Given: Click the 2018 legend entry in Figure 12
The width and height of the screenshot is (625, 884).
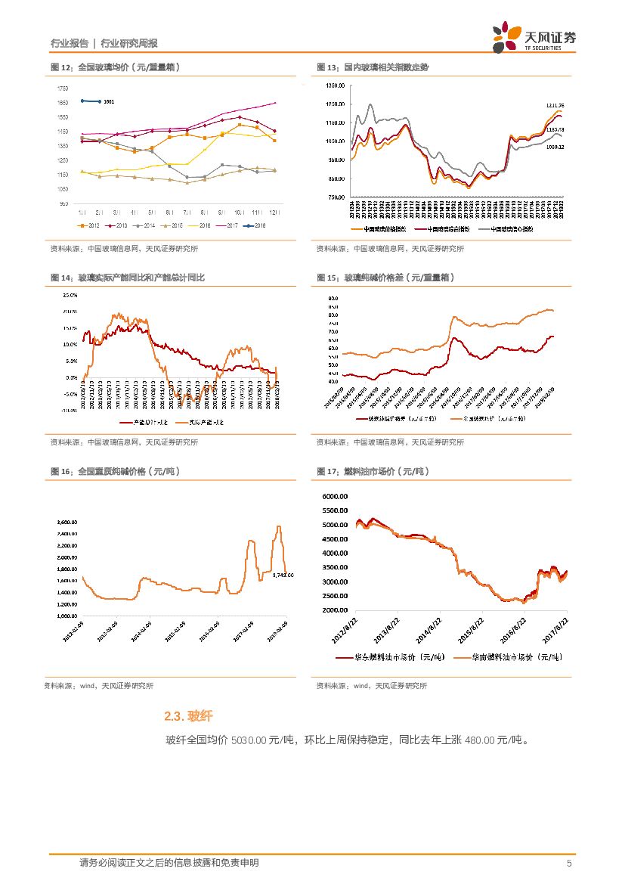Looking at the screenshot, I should click(x=256, y=225).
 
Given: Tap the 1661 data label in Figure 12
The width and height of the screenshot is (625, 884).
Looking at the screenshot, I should click(x=109, y=101).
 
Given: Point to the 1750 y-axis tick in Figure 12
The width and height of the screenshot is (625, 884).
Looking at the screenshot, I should click(x=62, y=88).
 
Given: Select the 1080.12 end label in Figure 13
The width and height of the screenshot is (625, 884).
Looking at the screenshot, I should click(x=555, y=147).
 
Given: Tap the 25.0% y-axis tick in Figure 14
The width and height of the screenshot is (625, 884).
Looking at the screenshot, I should click(x=70, y=294).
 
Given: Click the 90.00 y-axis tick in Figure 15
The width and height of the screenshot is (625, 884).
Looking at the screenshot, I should click(x=333, y=299).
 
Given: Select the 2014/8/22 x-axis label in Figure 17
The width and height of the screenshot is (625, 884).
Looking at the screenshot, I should click(x=425, y=629).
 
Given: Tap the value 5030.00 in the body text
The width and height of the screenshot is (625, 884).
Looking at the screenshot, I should click(x=249, y=740).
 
